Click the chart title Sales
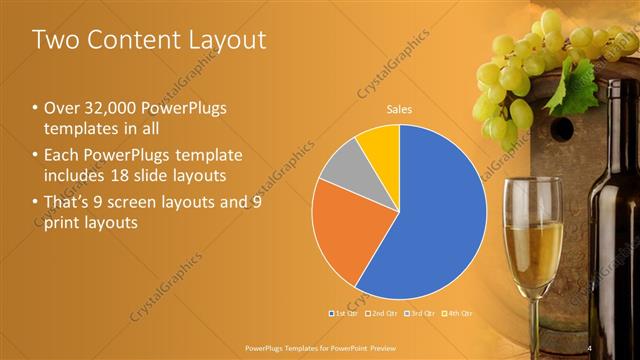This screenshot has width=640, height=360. [x=400, y=109]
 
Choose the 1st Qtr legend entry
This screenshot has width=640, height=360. [x=343, y=314]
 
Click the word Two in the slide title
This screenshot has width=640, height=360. [x=55, y=40]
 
